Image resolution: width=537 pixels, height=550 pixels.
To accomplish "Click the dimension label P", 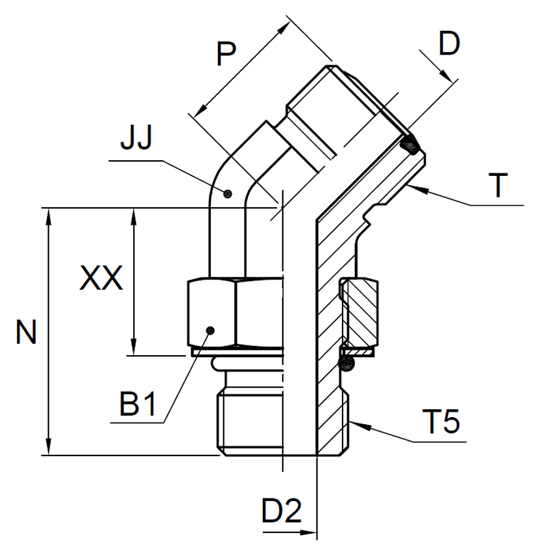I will coord(225,55).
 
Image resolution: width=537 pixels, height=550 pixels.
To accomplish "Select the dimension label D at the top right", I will coord(449,44).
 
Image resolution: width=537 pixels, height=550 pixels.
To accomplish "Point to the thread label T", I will coord(499,186).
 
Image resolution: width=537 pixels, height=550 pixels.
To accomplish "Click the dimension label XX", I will coord(100,280).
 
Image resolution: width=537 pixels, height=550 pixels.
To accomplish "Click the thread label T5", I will coord(442,422).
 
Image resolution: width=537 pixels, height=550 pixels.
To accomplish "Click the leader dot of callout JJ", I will coord(227,193).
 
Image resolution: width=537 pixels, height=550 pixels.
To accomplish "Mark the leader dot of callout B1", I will coord(210,330).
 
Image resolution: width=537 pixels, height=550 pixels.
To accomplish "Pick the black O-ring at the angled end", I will coord(410,145).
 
